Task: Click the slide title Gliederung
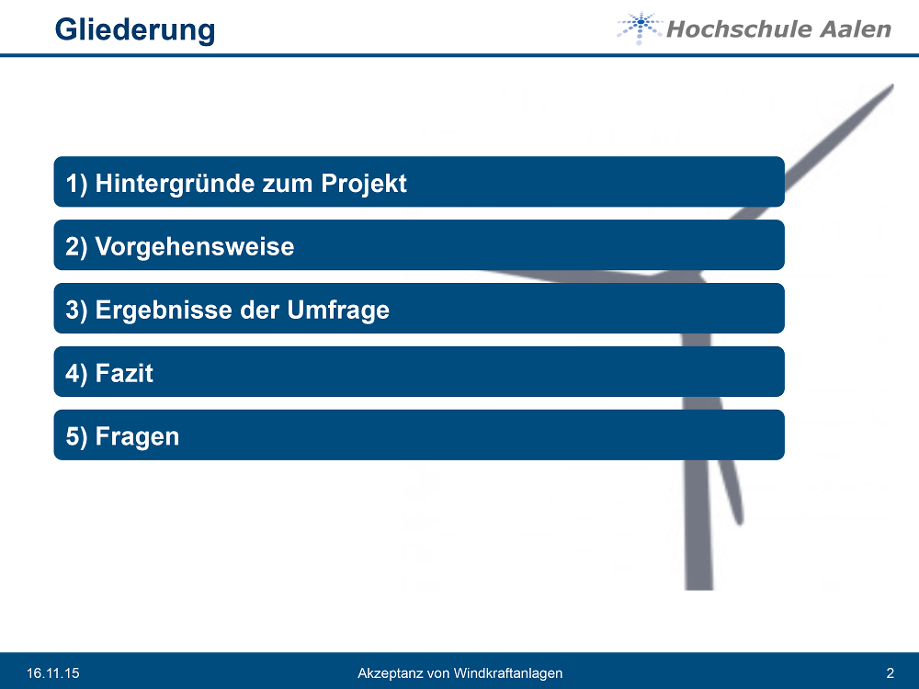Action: coord(135,30)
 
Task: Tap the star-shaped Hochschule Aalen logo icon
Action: coord(640,28)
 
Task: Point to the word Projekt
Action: coord(363,184)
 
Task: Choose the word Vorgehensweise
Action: coord(195,246)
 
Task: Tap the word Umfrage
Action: coord(338,310)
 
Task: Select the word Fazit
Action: coord(124,373)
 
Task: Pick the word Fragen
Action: coord(137,437)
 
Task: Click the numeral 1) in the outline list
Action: coord(76,184)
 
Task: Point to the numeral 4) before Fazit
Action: coord(76,374)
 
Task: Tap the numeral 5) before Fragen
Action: coord(76,437)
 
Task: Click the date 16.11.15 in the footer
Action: coord(52,673)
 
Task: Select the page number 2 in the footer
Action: coord(891,673)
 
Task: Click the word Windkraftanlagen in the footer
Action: coord(507,673)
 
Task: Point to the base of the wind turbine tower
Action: coord(699,588)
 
